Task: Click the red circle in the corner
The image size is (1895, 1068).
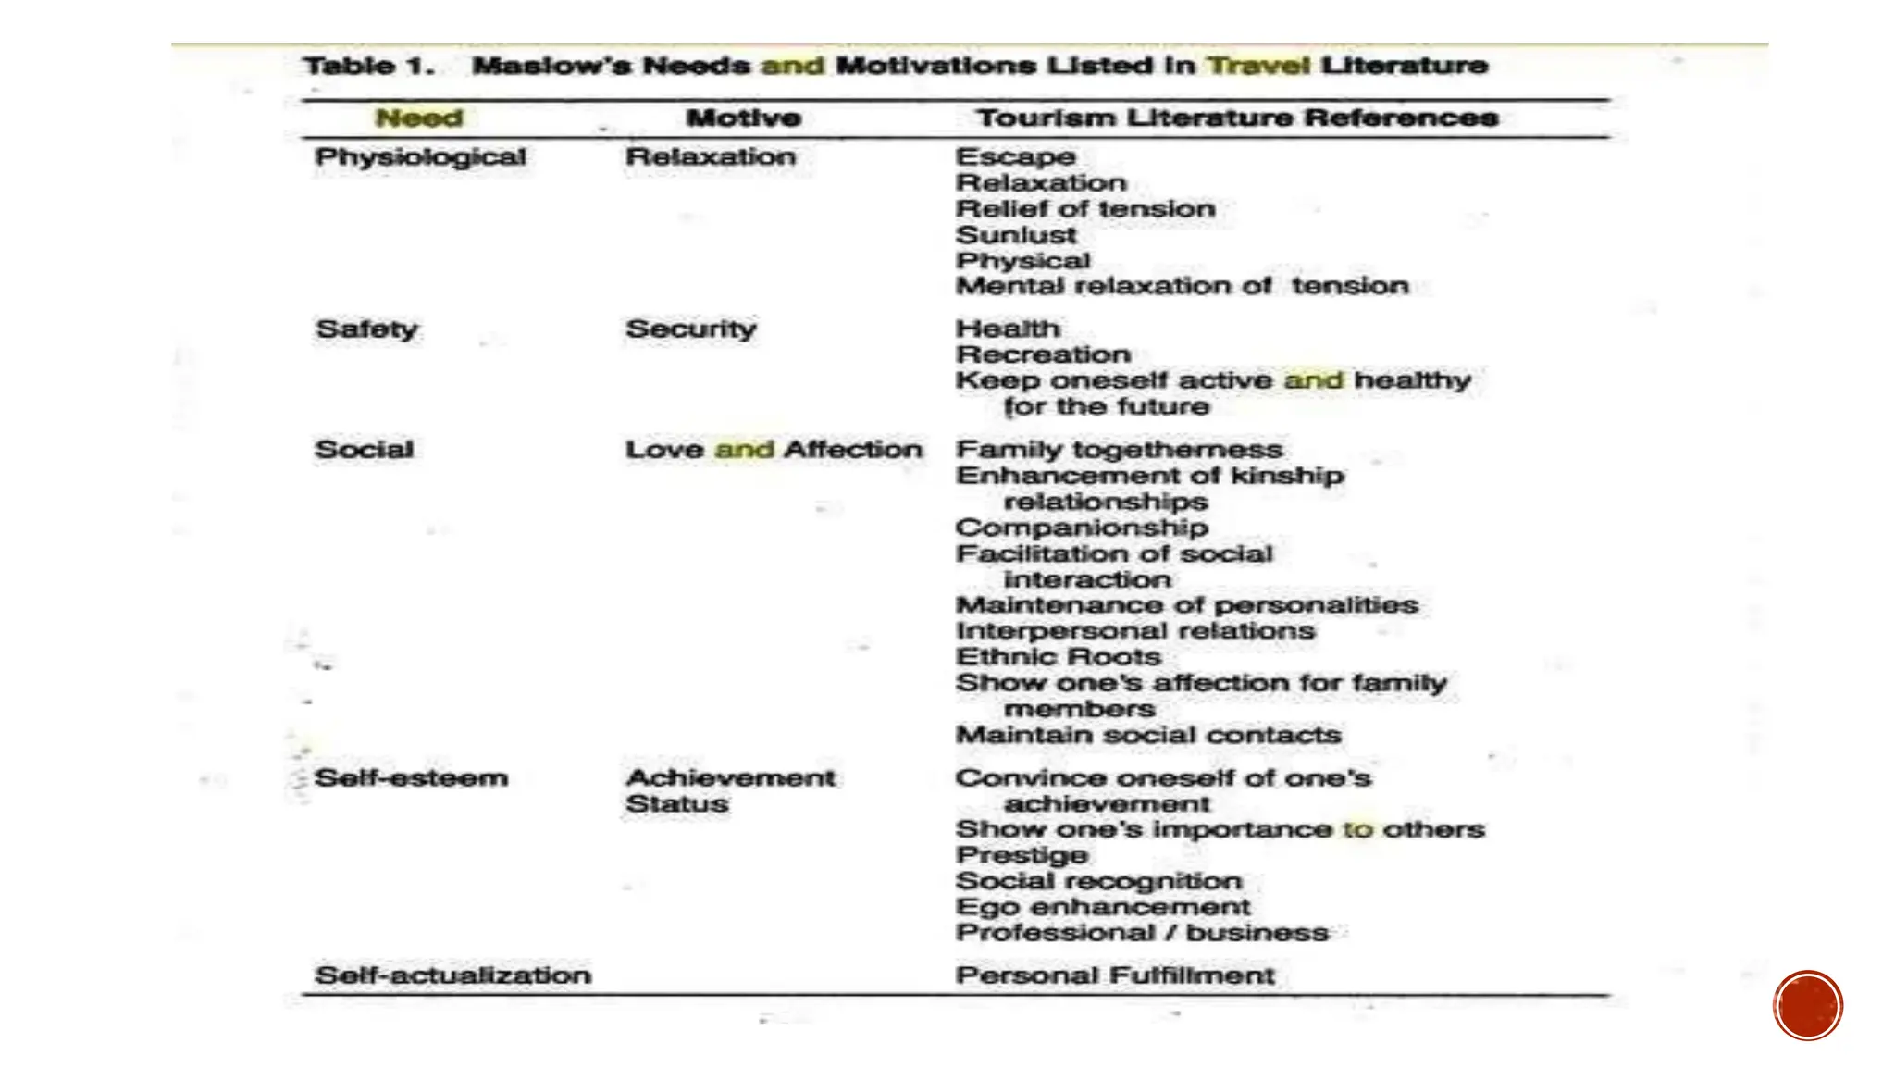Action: pos(1808,1005)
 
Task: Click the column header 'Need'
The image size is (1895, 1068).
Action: pos(419,118)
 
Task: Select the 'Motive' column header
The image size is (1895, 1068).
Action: pos(743,118)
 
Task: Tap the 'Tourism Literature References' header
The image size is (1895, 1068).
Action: pos(1237,118)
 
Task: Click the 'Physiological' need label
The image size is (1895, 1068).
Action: pos(421,157)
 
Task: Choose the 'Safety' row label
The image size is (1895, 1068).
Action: pos(366,329)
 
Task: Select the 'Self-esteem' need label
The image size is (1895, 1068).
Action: pos(411,777)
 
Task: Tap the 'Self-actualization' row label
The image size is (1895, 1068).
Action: pos(452,975)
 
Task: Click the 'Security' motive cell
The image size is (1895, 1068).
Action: pos(691,329)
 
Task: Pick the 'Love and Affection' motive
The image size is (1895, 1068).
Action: pos(774,450)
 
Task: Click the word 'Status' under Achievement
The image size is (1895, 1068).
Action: pos(676,803)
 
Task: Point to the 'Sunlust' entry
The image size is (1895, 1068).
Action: pos(1016,235)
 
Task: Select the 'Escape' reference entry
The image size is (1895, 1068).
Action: pos(1015,157)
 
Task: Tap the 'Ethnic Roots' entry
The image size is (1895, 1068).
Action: pos(1058,657)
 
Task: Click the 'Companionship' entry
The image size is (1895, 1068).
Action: pos(1082,528)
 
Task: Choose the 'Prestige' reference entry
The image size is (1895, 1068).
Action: pos(1022,855)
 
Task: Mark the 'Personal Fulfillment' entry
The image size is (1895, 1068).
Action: pos(1115,975)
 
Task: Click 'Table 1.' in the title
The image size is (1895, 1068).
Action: pos(369,66)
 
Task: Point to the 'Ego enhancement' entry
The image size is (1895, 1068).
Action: pos(1102,907)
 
